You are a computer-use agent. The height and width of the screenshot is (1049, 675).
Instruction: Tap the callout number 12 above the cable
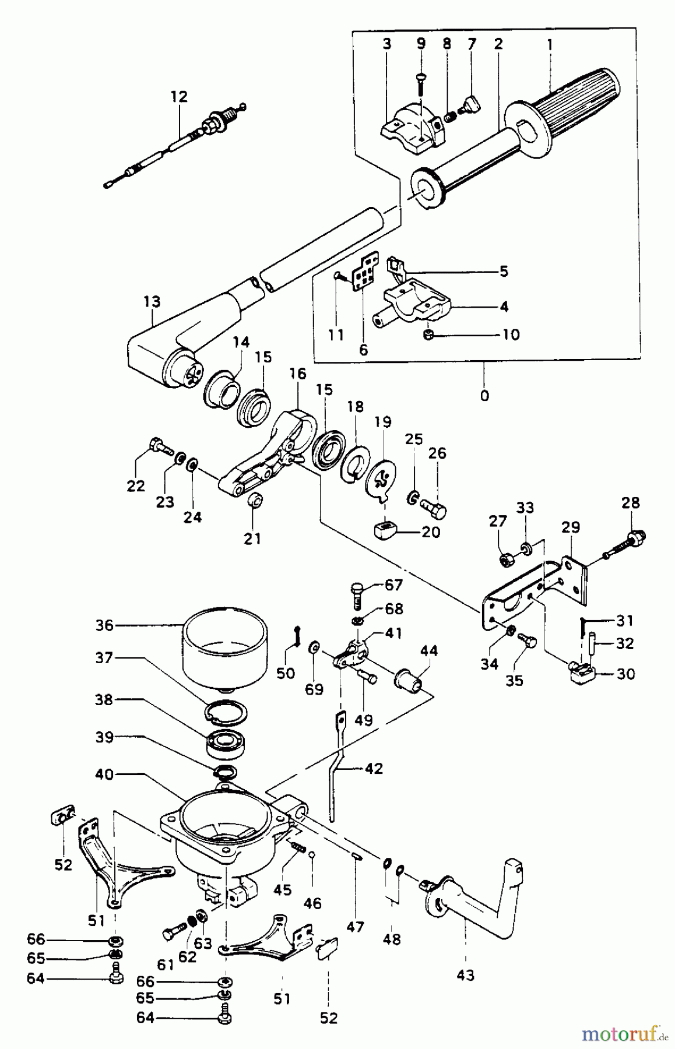(180, 97)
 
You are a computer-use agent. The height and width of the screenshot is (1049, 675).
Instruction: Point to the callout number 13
(152, 302)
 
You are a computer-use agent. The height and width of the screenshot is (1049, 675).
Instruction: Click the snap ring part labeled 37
(226, 713)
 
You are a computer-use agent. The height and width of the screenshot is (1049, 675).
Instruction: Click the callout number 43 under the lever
(466, 975)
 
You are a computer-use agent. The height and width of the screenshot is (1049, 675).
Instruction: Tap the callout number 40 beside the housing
(106, 775)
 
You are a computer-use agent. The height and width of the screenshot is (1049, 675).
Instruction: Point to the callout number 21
(252, 538)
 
